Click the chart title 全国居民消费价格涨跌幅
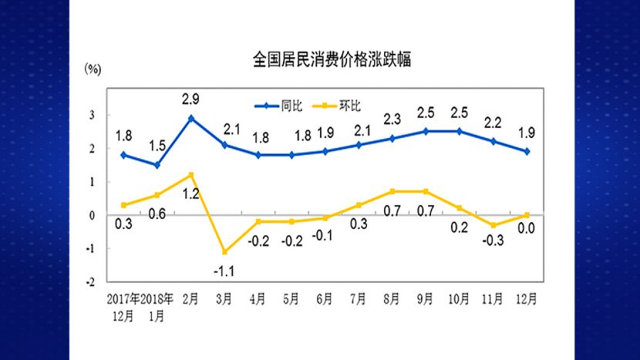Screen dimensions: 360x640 point(332,59)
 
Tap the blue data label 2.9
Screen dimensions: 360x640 point(191,100)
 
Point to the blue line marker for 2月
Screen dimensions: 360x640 point(191,118)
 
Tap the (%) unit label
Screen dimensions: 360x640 point(93,69)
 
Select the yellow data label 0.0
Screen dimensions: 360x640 point(527,229)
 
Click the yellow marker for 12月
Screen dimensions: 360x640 point(527,215)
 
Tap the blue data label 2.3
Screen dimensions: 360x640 point(392,120)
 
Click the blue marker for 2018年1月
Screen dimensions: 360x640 point(157,165)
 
